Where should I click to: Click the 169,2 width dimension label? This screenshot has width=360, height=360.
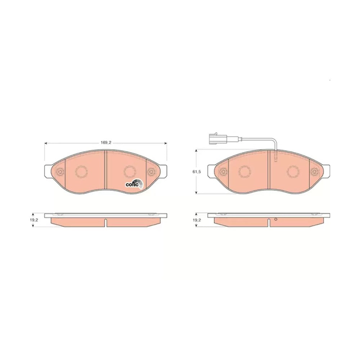pyautogui.click(x=106, y=143)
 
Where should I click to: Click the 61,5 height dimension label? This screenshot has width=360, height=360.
pyautogui.click(x=197, y=171)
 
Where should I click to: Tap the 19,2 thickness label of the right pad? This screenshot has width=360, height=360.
pyautogui.click(x=197, y=220)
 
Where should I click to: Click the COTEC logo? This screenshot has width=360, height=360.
pyautogui.click(x=134, y=184)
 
